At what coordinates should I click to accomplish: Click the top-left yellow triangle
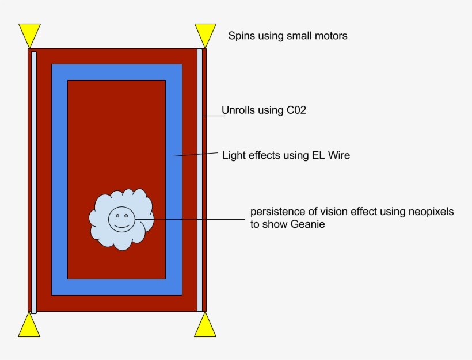(x=29, y=34)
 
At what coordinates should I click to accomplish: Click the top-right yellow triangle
(x=205, y=34)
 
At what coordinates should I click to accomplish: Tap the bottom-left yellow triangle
(x=29, y=327)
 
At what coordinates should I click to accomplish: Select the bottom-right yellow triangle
(x=205, y=327)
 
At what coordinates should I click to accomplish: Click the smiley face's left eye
(x=117, y=216)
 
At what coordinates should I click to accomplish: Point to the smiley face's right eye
(x=126, y=216)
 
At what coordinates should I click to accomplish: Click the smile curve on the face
(x=121, y=225)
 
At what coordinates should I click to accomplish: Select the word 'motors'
(x=331, y=36)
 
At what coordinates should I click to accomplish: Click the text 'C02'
(x=296, y=110)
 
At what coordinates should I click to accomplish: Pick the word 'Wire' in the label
(x=339, y=155)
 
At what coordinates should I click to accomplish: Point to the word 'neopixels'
(x=431, y=212)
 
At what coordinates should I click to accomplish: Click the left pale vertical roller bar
(x=34, y=182)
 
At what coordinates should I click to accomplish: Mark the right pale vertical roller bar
(x=200, y=180)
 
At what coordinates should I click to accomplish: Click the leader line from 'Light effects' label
(x=196, y=154)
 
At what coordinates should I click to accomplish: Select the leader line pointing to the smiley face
(x=190, y=219)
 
